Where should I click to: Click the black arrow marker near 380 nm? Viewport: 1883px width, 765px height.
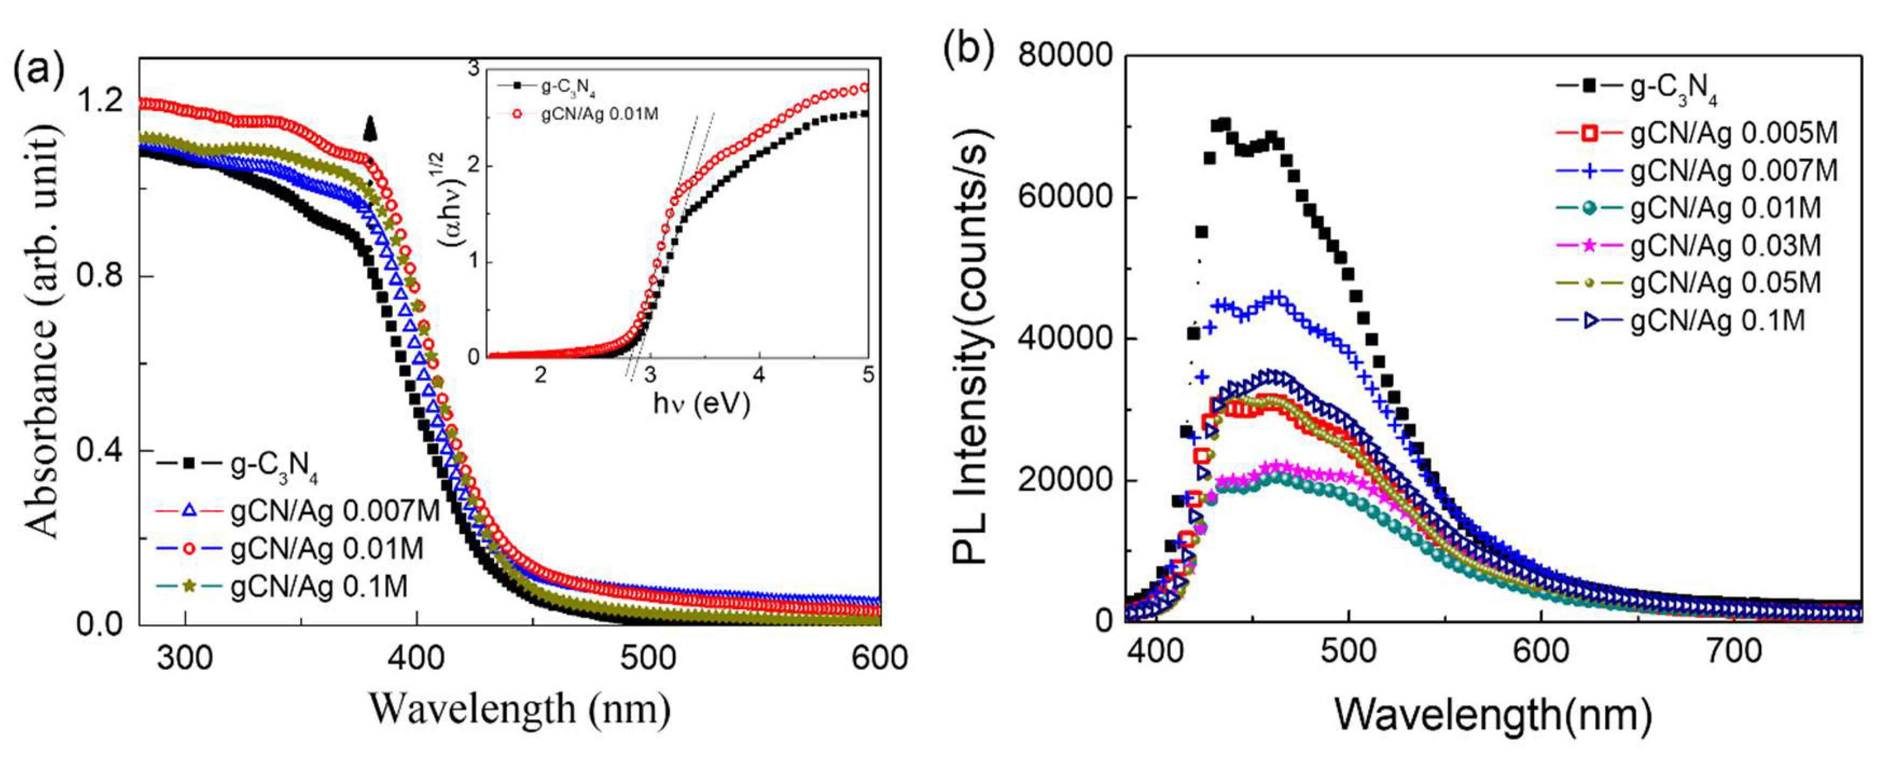point(370,129)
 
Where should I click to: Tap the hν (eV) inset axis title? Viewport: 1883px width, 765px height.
point(701,403)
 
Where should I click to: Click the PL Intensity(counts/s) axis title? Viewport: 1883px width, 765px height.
point(971,347)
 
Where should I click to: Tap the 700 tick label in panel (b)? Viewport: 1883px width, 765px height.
point(1734,651)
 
